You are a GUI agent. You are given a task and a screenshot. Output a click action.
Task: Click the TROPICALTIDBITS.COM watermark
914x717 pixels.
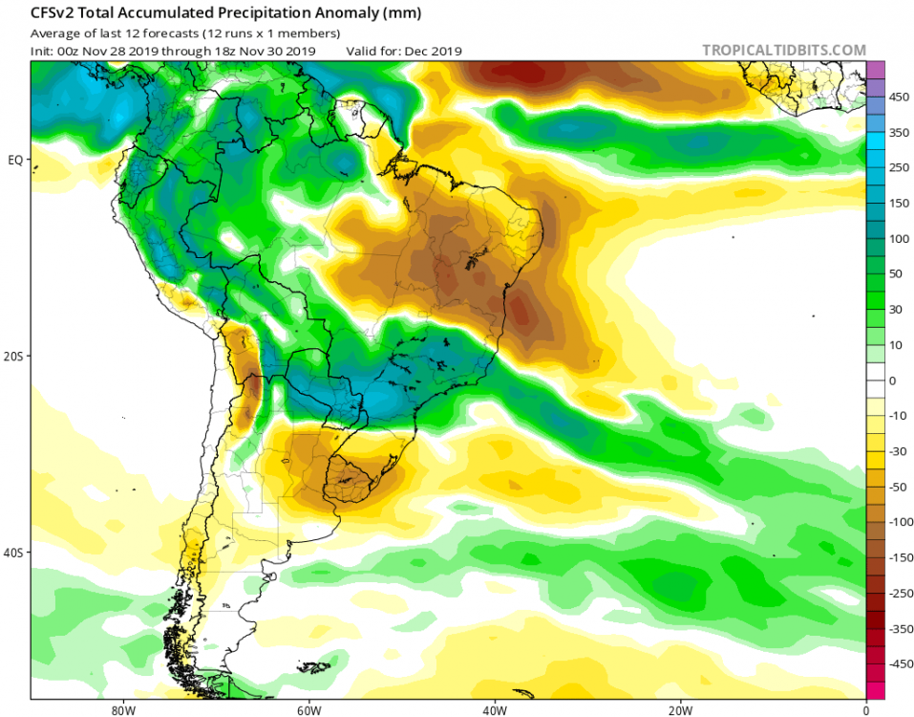(x=783, y=50)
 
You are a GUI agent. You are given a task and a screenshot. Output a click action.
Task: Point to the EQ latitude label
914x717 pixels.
(x=15, y=160)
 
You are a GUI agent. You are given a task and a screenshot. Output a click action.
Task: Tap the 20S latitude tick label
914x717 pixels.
(x=14, y=356)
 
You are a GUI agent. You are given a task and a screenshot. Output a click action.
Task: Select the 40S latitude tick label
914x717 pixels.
(x=14, y=553)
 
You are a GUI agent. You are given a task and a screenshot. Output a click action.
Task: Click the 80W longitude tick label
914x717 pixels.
(x=119, y=710)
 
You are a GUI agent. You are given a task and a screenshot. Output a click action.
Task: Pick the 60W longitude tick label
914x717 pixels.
(x=307, y=710)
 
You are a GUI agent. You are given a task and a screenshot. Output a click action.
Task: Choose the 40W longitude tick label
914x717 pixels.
(x=493, y=710)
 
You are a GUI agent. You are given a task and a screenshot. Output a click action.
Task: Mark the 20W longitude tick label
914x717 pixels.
(x=680, y=710)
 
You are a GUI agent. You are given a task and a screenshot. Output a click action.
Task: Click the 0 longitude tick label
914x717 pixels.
(x=865, y=710)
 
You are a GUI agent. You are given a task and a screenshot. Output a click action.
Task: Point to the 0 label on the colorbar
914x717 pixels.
(x=892, y=380)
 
